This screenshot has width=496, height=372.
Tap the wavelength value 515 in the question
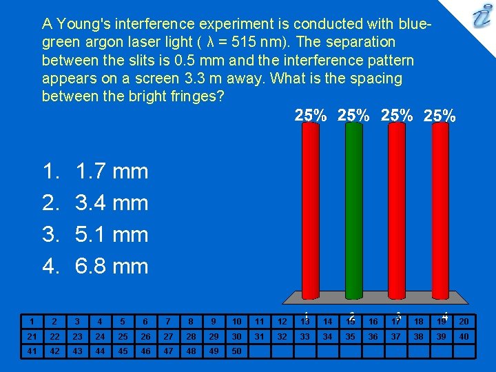pyautogui.click(x=256, y=42)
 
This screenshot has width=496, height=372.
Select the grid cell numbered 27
pyautogui.click(x=167, y=337)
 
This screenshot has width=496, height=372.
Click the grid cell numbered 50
pyautogui.click(x=236, y=351)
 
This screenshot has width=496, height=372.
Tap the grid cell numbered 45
pyautogui.click(x=122, y=351)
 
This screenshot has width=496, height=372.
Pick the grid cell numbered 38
pyautogui.click(x=418, y=337)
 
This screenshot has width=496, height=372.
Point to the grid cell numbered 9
pyautogui.click(x=214, y=322)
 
